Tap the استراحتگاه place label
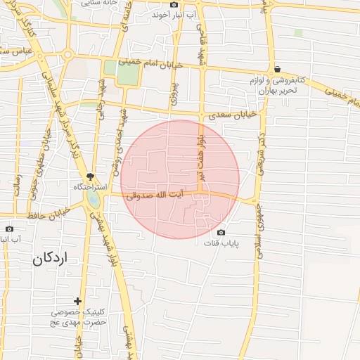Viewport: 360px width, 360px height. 89,188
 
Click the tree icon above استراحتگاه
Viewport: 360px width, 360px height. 90,176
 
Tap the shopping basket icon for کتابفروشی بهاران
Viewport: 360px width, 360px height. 278,69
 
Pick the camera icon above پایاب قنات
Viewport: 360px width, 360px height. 221,233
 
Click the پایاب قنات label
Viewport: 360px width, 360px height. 222,244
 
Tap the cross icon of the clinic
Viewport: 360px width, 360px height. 78,301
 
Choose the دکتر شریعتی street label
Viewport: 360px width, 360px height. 261,150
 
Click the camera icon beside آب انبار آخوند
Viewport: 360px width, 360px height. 174,5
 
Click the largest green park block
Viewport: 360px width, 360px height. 127,74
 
